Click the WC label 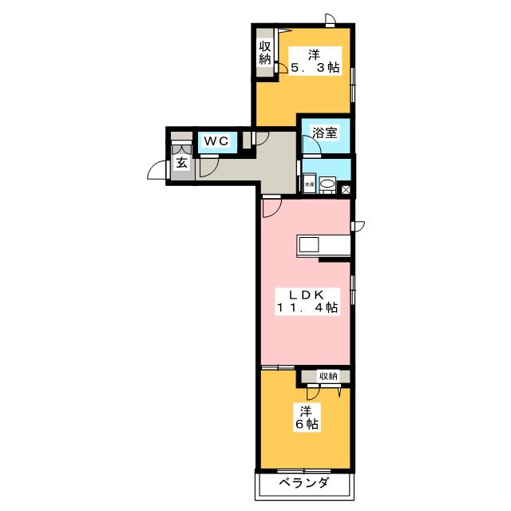216,141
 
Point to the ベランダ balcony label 303,483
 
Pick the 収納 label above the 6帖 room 328,375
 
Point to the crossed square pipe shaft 346,189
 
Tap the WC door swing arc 209,166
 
